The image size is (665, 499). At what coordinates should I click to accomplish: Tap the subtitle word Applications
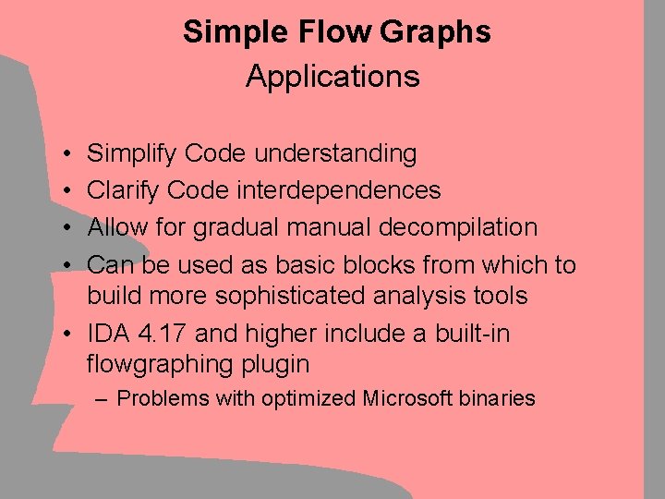tap(332, 77)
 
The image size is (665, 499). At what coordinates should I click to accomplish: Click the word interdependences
tap(340, 191)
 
